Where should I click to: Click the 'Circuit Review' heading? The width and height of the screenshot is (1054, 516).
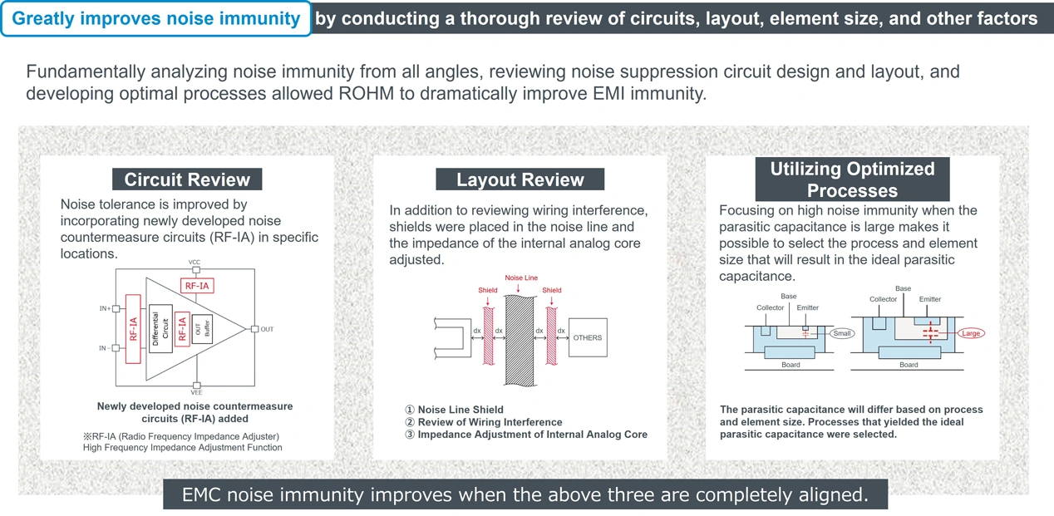187,179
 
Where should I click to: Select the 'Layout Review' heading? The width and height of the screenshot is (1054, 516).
520,179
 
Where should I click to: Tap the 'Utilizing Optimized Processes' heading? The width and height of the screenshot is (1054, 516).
852,179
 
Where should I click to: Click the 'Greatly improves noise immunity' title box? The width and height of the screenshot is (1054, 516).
156,18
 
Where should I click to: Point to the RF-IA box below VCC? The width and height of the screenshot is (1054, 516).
196,286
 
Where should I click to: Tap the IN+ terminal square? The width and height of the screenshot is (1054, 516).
116,309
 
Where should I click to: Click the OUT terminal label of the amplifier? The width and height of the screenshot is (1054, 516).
267,329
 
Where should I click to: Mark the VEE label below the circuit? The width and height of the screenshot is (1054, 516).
196,392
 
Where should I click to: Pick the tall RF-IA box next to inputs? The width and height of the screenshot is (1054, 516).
133,329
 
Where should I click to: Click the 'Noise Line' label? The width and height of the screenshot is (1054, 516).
521,278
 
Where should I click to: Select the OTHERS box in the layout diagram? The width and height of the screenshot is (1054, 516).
587,337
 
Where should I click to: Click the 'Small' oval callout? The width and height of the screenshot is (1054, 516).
841,333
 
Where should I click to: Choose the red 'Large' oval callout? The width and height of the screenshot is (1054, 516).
970,333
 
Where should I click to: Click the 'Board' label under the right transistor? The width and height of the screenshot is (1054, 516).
909,365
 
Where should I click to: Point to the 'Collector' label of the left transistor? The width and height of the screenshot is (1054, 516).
770,307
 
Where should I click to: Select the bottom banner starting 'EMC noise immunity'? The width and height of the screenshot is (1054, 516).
525,495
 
